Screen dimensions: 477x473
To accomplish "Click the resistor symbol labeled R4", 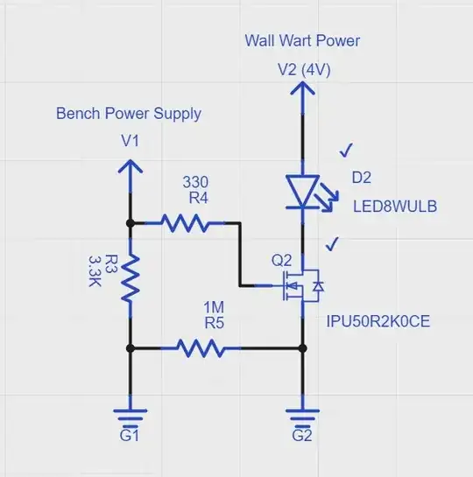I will [185, 224].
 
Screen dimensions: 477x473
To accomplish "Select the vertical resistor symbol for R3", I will [130, 277].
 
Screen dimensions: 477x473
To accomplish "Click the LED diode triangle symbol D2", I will [301, 190].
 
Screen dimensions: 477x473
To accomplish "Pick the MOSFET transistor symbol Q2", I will [296, 284].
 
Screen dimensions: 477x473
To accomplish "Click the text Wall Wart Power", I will [301, 41].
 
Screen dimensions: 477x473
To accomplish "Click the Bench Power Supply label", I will [129, 114].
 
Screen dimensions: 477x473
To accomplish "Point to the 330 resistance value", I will [195, 183].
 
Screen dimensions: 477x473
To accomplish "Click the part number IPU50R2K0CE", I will [378, 321].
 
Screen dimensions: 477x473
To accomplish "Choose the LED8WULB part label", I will [394, 207].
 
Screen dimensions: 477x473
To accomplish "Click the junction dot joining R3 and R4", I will [130, 224].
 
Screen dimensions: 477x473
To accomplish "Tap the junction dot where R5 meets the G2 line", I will [301, 347].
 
